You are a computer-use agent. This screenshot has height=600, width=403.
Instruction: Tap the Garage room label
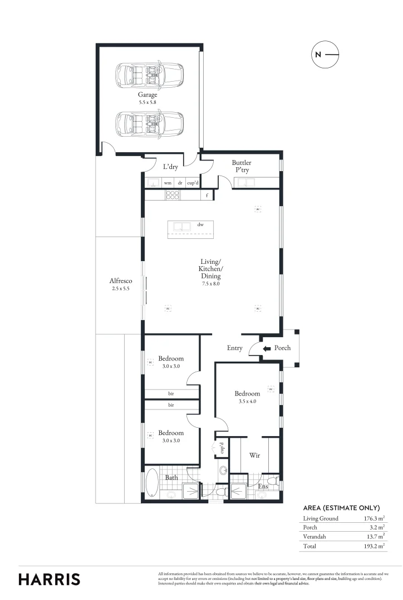click(148, 98)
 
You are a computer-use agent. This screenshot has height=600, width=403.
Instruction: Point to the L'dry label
click(170, 167)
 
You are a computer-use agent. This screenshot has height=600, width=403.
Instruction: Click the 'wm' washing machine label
click(167, 183)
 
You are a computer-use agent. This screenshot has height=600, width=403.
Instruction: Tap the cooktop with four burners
click(173, 195)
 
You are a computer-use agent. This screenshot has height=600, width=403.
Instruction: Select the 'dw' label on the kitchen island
click(200, 225)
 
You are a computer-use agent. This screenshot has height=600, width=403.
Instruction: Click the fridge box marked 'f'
click(207, 195)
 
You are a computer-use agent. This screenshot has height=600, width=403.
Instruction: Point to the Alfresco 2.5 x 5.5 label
click(120, 285)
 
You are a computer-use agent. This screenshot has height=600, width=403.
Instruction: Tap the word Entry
click(234, 348)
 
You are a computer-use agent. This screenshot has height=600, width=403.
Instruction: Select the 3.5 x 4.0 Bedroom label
click(247, 397)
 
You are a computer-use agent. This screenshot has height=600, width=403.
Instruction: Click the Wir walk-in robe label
click(254, 455)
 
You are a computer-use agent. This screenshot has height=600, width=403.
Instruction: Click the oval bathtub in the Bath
click(152, 482)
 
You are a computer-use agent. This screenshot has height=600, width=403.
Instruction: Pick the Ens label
click(263, 486)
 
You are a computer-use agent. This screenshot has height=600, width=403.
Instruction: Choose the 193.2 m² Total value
click(370, 546)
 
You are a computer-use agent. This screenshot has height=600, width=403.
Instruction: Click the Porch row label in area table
click(311, 527)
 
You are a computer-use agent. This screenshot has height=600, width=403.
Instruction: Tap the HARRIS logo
click(50, 579)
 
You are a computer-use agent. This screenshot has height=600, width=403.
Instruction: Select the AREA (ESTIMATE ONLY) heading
click(341, 508)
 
